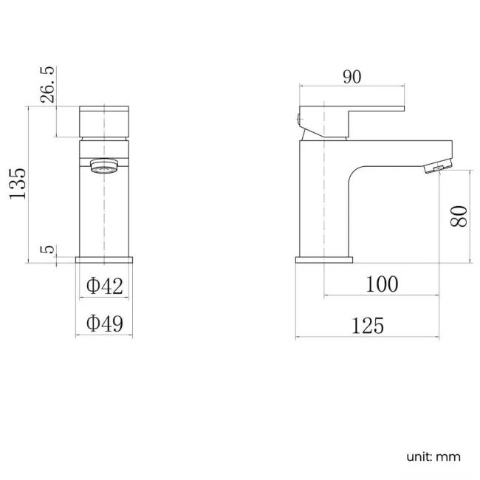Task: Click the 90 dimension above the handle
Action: [x=352, y=77]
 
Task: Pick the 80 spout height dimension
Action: [x=459, y=216]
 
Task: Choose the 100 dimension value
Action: [x=382, y=284]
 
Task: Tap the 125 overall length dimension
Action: [x=367, y=325]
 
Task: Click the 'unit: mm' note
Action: [x=433, y=456]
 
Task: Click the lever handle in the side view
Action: [x=354, y=109]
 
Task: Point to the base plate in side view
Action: [x=324, y=259]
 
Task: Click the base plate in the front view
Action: [x=105, y=259]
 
